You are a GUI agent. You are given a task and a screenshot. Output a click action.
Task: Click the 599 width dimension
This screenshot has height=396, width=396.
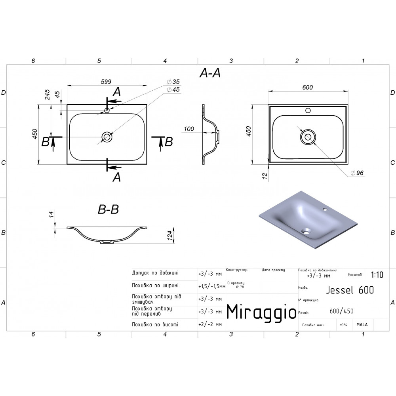point(106,82)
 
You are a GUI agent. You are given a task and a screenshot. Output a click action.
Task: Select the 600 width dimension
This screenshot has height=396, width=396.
point(307,87)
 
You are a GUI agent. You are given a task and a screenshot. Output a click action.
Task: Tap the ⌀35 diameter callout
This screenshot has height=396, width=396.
point(173,82)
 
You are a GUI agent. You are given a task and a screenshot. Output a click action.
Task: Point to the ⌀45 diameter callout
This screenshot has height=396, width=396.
point(173,89)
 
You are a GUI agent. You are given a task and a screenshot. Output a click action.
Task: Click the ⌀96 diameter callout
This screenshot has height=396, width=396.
point(357,173)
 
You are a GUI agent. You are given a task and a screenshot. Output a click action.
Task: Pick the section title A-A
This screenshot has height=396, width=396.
point(210,73)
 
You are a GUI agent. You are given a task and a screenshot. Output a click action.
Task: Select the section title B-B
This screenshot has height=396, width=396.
point(109,209)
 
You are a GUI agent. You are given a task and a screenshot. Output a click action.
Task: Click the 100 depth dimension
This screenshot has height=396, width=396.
point(188,129)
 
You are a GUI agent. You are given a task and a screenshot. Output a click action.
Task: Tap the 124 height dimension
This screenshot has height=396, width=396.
point(170,235)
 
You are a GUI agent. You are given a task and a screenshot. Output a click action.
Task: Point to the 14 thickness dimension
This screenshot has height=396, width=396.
point(51,214)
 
